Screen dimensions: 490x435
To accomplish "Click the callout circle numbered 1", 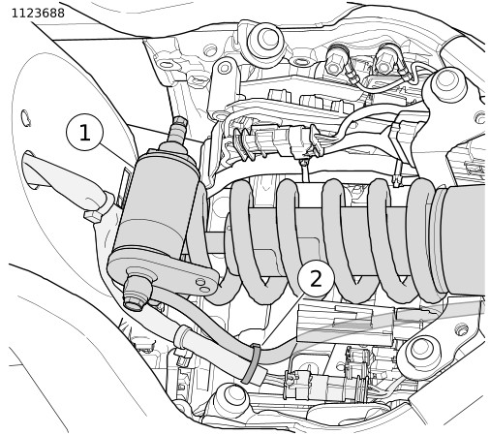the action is pyautogui.click(x=84, y=132).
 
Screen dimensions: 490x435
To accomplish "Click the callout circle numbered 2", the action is pyautogui.click(x=316, y=278).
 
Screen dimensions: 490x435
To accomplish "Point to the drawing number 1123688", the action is pyautogui.click(x=38, y=14).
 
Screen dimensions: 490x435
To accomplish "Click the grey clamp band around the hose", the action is pyautogui.click(x=252, y=363).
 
